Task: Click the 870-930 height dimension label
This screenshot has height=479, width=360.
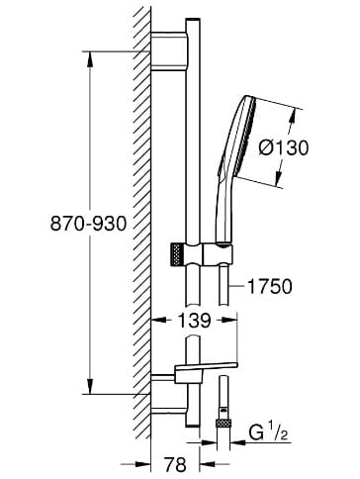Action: pyautogui.click(x=88, y=224)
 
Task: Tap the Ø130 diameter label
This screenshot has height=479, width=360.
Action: pyautogui.click(x=284, y=147)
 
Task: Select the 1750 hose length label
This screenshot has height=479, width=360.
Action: pyautogui.click(x=269, y=286)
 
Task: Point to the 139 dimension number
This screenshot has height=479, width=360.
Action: pyautogui.click(x=194, y=320)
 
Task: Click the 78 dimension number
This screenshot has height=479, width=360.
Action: pyautogui.click(x=175, y=464)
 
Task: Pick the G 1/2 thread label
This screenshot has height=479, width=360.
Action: pyautogui.click(x=268, y=432)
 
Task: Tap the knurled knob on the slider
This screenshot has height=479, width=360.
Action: pyautogui.click(x=177, y=254)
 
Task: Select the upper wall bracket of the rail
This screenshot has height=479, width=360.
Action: pyautogui.click(x=170, y=51)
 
